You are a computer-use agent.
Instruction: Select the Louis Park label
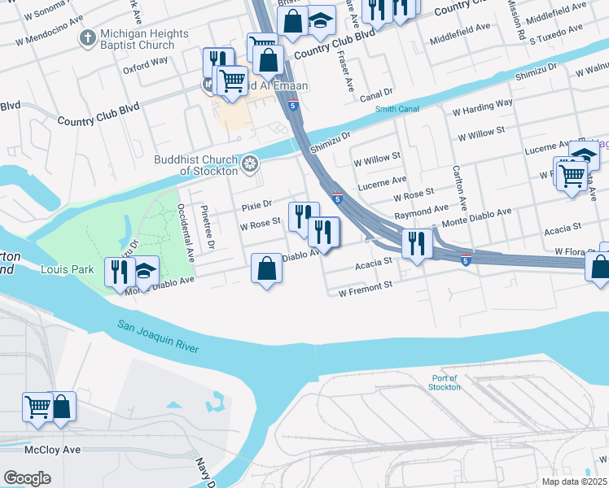pyautogui.click(x=68, y=269)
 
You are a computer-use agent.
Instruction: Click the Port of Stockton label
pyautogui.click(x=445, y=382)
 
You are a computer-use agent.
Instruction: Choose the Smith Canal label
pyautogui.click(x=397, y=110)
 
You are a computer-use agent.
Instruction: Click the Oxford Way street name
pyautogui.click(x=146, y=60)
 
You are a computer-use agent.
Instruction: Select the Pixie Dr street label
pyautogui.click(x=255, y=203)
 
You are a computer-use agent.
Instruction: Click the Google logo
pyautogui.click(x=27, y=477)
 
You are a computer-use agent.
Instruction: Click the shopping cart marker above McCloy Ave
pyautogui.click(x=37, y=407)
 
